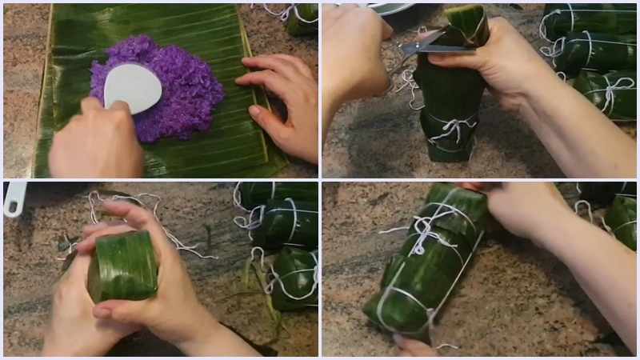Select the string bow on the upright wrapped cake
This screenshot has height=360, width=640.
point(453,128)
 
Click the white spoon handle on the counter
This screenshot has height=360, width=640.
point(14,200)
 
